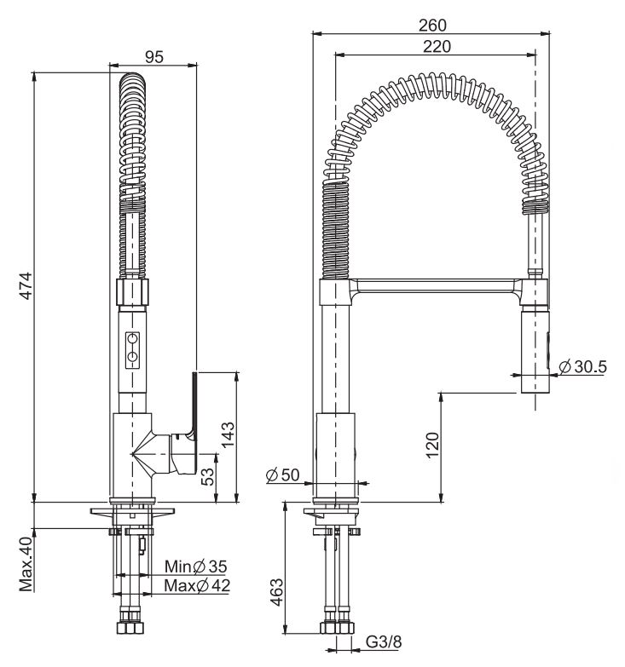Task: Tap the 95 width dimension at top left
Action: click(154, 57)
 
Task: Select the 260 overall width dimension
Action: click(434, 26)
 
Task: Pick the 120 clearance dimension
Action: click(433, 446)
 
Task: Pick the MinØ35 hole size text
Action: click(197, 566)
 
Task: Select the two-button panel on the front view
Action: click(133, 348)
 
